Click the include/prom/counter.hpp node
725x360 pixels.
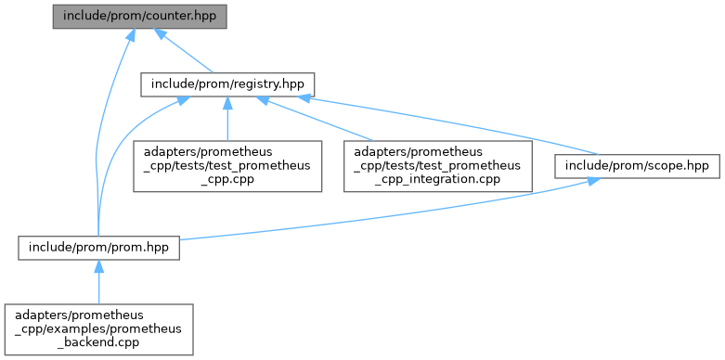pyautogui.click(x=139, y=17)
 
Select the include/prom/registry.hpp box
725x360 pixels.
pyautogui.click(x=227, y=84)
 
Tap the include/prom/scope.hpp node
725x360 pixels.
pyautogui.click(x=637, y=166)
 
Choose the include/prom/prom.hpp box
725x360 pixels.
pyautogui.click(x=98, y=247)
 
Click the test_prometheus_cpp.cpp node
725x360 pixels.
pyautogui.click(x=227, y=166)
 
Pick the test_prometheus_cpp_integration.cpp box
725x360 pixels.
pyautogui.click(x=438, y=166)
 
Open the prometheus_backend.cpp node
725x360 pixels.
pyautogui.click(x=98, y=329)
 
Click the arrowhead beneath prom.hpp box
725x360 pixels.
pyautogui.click(x=98, y=265)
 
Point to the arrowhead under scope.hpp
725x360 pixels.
pyautogui.click(x=590, y=182)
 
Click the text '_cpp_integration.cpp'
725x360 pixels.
pyautogui.click(x=437, y=179)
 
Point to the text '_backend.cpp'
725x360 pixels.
pyautogui.click(x=98, y=342)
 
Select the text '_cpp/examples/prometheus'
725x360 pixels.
pyautogui.click(x=98, y=329)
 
